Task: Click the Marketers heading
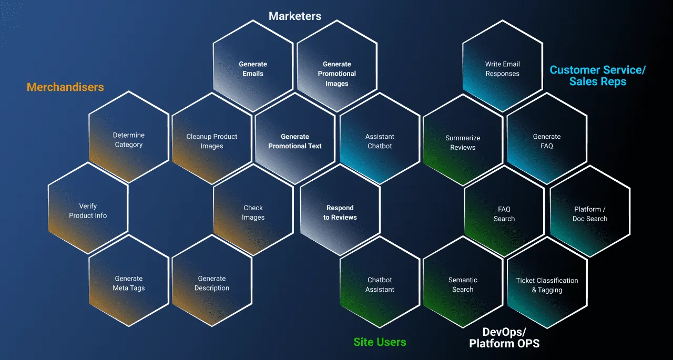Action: (x=295, y=16)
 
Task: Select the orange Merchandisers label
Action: (x=65, y=87)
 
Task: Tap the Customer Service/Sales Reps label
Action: (x=598, y=76)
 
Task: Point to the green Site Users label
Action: (x=380, y=342)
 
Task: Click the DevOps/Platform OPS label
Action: (x=504, y=338)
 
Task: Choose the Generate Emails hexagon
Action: (x=253, y=66)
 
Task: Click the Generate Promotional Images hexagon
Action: (x=337, y=66)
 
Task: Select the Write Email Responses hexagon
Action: (x=503, y=66)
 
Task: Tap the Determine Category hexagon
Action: (x=129, y=137)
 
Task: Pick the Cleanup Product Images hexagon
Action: (x=212, y=139)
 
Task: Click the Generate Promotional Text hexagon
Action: (x=295, y=139)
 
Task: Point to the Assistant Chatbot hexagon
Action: (x=380, y=139)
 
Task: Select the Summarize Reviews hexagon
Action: (x=463, y=140)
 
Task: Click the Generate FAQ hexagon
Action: (x=547, y=139)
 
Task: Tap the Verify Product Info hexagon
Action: (x=88, y=208)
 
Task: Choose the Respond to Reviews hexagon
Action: (x=340, y=210)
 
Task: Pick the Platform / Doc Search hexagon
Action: (x=590, y=211)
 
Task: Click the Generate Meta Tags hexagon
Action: (x=129, y=281)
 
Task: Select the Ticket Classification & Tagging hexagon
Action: (x=547, y=283)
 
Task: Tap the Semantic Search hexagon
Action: (x=463, y=282)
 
